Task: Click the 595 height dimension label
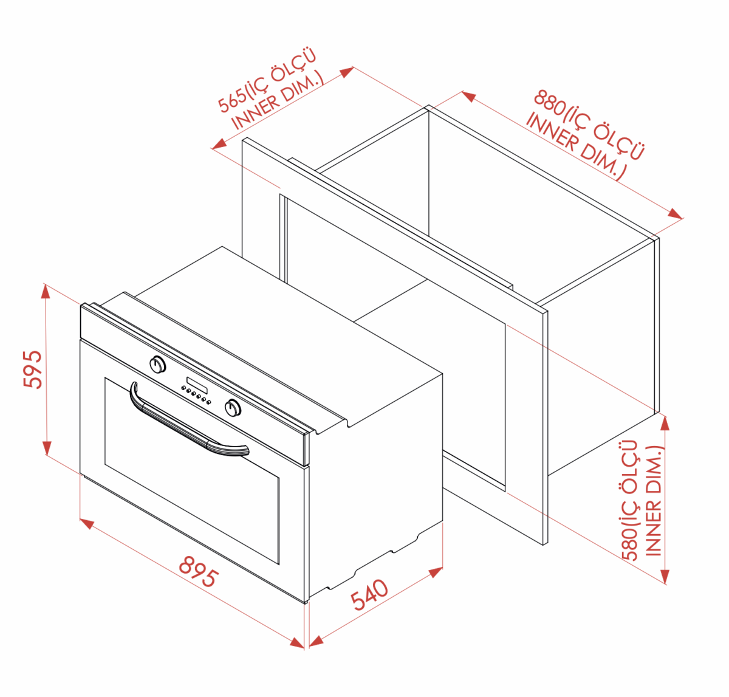pos(33,369)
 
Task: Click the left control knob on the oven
pos(158,364)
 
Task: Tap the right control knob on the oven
pos(233,407)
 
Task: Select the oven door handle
pos(187,425)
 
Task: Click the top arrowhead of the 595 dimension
pos(46,291)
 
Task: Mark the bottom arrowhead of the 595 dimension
pos(46,448)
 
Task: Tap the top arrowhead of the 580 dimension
pos(665,424)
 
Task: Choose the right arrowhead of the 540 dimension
pos(436,572)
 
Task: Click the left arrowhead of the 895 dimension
pos(87,524)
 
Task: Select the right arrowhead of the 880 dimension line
pos(675,214)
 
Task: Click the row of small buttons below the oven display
pos(196,396)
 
